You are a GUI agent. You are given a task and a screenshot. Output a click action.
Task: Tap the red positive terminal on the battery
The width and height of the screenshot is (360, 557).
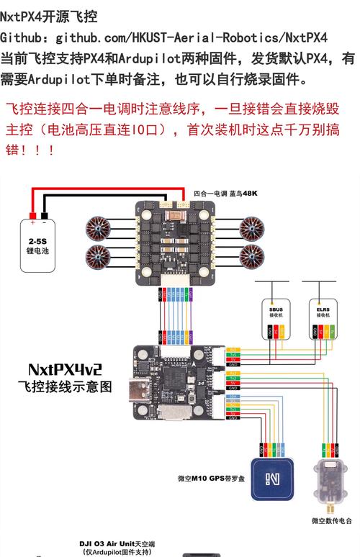32,215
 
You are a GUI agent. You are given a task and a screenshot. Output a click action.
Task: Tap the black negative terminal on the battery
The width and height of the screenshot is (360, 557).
45,215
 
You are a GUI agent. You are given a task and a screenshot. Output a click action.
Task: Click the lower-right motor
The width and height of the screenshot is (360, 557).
253,255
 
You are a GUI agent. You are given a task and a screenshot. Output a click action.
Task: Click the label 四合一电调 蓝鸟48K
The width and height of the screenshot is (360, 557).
225,194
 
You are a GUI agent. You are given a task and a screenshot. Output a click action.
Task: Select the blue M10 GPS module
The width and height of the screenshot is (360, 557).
273,477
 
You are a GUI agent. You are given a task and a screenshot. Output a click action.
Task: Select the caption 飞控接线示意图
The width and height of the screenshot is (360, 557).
65,386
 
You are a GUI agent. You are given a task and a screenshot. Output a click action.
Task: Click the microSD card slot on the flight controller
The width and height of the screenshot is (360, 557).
174,415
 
